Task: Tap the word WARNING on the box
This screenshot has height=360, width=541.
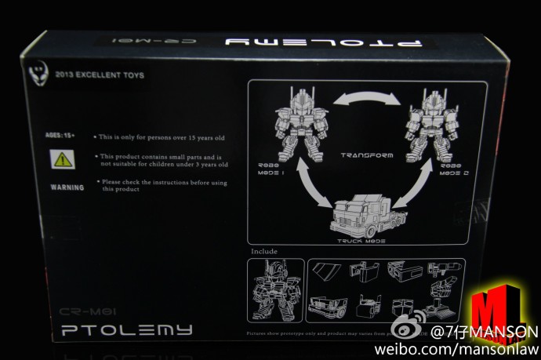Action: (x=67, y=187)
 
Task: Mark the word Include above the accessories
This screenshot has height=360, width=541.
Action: (x=264, y=252)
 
